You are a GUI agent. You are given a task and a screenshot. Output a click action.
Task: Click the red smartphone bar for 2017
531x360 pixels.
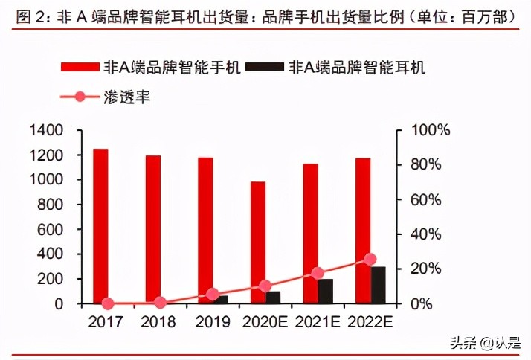[100, 226]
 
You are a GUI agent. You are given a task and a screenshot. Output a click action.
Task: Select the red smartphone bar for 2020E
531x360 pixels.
[257, 242]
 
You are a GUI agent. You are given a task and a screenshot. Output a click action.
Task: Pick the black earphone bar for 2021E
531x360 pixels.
[326, 291]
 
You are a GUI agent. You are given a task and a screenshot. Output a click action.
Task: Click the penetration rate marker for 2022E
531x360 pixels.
[370, 259]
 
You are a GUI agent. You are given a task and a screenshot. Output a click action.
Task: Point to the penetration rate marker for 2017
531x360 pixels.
[108, 303]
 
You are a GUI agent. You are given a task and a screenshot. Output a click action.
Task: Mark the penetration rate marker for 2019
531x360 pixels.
[213, 295]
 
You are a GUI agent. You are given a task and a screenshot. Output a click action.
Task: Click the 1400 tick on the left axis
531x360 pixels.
[46, 131]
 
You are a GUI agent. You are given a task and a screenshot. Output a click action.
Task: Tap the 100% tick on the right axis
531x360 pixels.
[430, 131]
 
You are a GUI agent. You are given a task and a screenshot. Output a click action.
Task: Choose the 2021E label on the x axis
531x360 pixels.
[318, 323]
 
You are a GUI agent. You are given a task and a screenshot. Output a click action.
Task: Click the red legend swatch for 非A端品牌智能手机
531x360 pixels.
[80, 68]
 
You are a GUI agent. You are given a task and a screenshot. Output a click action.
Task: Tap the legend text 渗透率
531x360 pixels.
[129, 97]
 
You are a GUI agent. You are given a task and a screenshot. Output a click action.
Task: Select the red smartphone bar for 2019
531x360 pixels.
[205, 231]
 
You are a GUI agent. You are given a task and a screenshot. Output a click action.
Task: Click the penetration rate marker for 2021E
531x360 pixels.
[318, 273]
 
